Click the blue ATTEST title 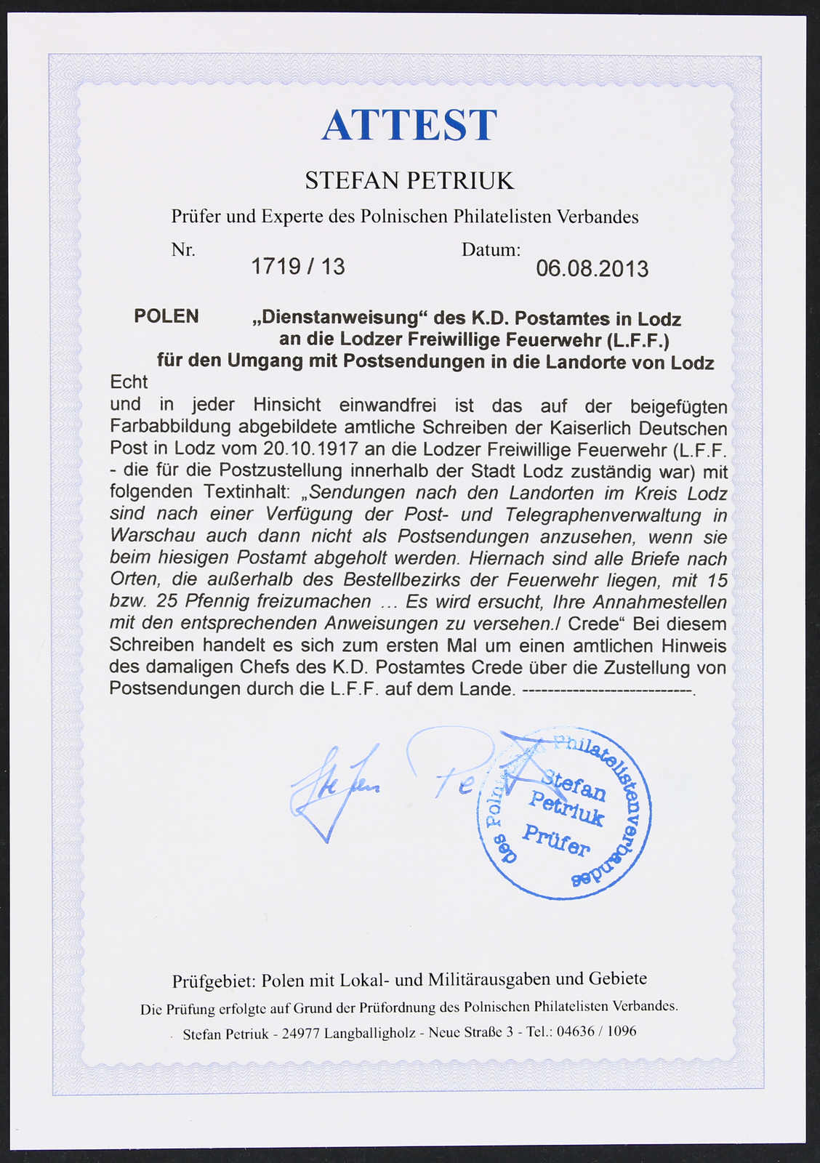409,125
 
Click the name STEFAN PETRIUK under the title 409,180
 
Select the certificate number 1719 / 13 298,267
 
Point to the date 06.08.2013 592,269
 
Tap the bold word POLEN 166,316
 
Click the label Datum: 491,250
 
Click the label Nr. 183,250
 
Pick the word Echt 129,382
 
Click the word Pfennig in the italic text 219,602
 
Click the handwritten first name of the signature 334,789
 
